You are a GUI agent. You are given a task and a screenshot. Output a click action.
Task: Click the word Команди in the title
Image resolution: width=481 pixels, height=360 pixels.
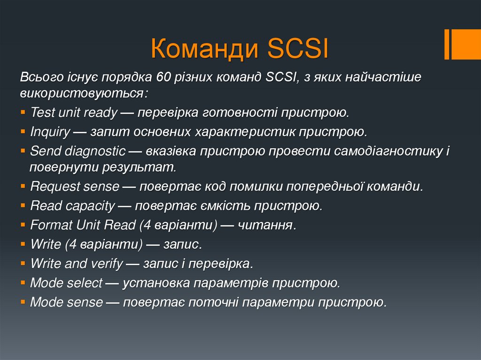pos(205,49)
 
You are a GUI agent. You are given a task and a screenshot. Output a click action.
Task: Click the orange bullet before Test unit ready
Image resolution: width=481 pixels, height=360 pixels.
pos(23,113)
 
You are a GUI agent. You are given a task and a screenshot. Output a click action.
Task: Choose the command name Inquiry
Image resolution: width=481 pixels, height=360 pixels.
pos(50,132)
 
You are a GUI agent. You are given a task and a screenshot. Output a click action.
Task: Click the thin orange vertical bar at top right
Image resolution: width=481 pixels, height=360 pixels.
pos(447,44)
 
